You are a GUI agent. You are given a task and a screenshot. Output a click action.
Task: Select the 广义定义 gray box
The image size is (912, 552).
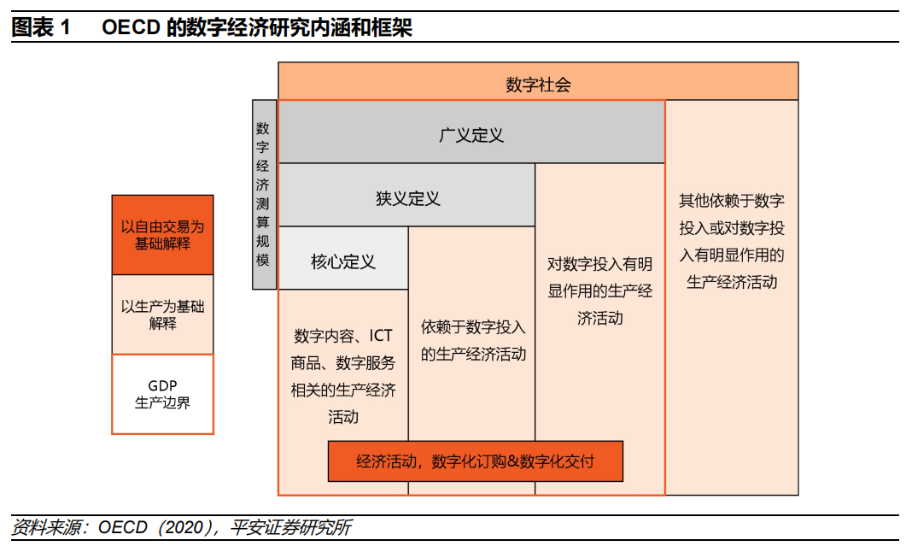tap(471, 135)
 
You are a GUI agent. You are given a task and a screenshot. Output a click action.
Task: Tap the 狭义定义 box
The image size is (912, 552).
tap(407, 198)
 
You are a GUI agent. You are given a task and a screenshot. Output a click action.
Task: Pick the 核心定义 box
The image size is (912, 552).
tap(343, 261)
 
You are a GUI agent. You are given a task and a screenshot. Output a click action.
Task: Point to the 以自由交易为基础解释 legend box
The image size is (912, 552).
tap(162, 235)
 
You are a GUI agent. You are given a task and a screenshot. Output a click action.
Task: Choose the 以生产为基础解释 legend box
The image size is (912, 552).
tap(162, 314)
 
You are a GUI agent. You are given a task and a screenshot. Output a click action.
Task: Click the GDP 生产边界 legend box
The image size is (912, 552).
tap(162, 394)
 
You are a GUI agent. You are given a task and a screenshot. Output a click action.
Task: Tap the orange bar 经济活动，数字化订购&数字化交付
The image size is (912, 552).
tap(475, 461)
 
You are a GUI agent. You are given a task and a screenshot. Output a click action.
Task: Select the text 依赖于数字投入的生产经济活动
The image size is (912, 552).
tap(473, 340)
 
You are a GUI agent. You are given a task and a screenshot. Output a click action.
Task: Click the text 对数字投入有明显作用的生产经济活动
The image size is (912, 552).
tap(599, 291)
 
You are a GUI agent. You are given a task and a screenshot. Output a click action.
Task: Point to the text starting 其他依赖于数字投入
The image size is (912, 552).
tap(732, 242)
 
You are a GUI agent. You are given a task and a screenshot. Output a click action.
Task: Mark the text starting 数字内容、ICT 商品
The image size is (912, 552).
tap(343, 376)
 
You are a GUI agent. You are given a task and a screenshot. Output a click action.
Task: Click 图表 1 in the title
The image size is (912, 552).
tap(41, 28)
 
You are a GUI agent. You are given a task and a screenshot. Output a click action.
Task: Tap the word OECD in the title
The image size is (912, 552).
tap(132, 28)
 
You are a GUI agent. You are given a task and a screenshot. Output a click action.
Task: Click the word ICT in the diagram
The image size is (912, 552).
tap(381, 336)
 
